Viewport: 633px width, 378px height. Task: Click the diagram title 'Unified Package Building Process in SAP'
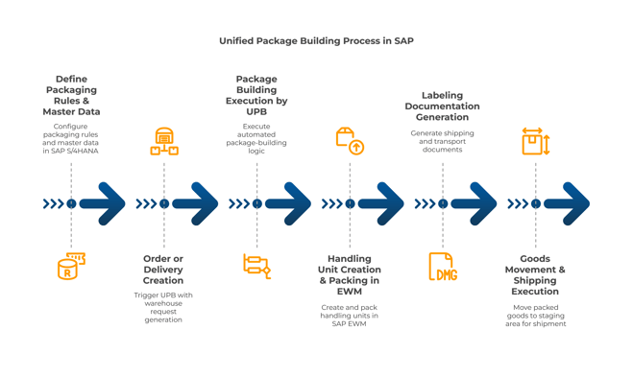pos(316,41)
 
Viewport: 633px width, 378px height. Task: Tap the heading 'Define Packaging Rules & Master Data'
pos(71,96)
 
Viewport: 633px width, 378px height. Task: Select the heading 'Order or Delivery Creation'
pos(163,270)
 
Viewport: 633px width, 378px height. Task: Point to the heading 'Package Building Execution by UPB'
pos(256,96)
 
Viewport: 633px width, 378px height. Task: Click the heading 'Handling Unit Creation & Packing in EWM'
pos(350,274)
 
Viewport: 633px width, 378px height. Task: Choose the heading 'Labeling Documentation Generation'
pos(442,106)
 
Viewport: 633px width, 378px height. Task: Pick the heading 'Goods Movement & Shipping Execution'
pos(535,274)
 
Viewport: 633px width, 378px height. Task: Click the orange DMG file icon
pos(442,267)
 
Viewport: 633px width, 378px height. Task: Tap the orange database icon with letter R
pos(70,267)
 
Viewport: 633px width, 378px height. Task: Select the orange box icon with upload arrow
pos(350,141)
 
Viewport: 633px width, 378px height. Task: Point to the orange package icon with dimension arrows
pos(535,141)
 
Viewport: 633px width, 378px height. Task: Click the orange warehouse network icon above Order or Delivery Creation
pos(163,141)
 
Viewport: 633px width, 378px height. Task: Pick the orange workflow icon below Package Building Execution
pos(256,266)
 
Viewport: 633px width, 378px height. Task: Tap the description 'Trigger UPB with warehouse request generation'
pos(163,307)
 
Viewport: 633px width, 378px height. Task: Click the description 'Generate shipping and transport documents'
pos(442,141)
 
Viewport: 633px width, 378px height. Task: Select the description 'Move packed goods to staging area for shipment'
pos(535,316)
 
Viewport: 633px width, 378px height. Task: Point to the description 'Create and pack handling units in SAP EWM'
pos(350,316)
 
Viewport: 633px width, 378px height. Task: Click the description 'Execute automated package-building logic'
pos(256,138)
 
